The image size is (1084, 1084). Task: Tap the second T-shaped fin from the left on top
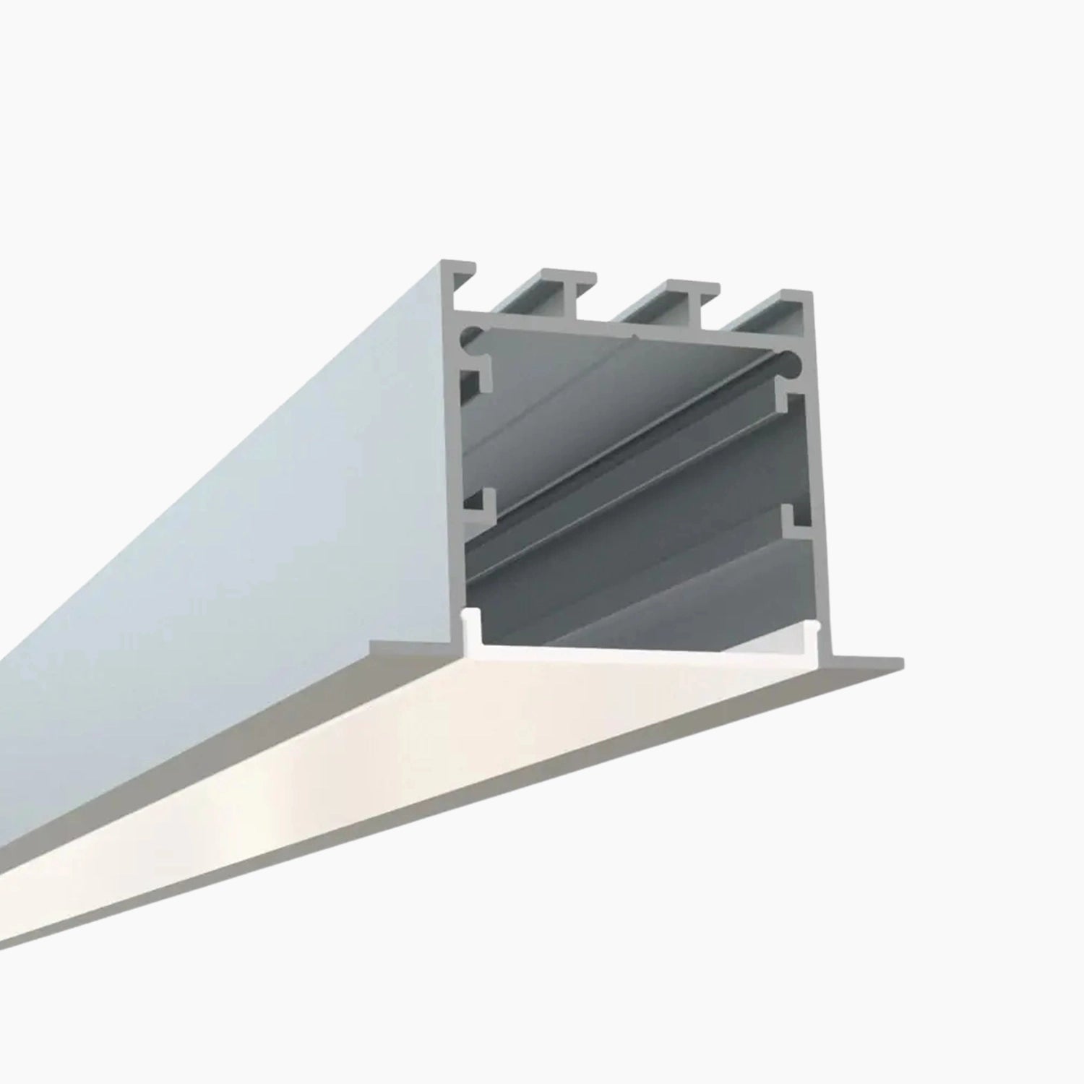(571, 285)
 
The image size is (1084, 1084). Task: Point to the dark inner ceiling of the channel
(614, 376)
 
